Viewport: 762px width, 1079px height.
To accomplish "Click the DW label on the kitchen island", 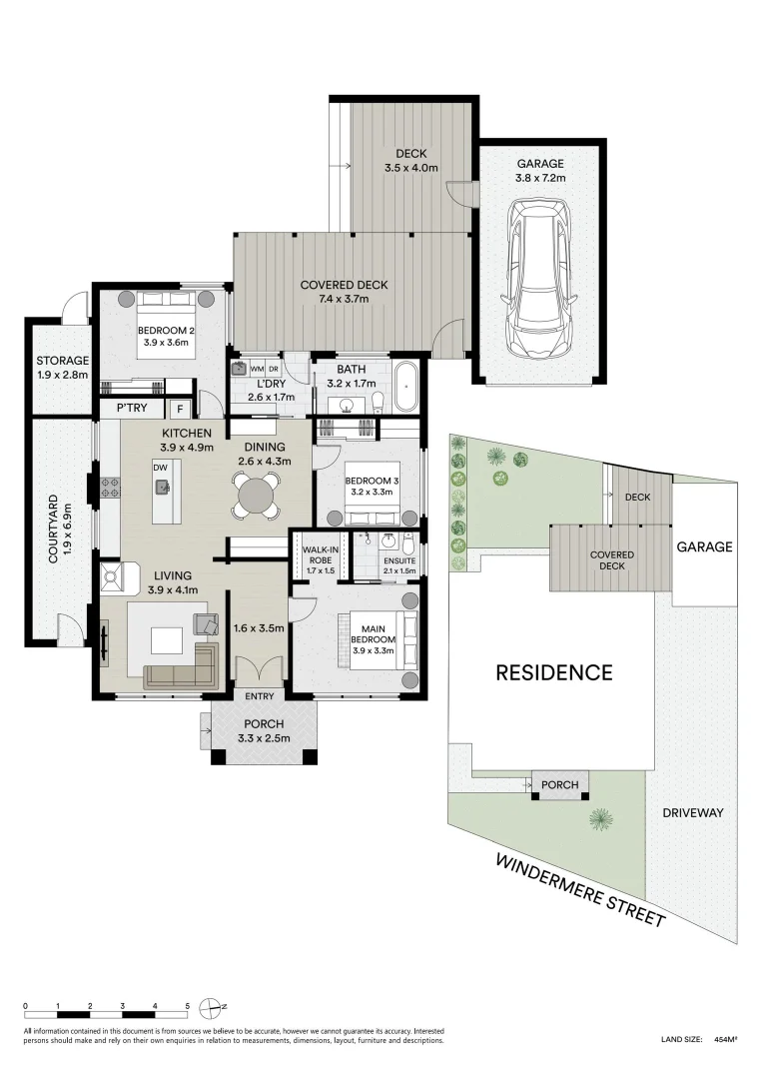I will point(160,467).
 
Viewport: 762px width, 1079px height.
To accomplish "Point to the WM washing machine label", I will point(256,369).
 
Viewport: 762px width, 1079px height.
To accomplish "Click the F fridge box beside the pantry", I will point(180,408).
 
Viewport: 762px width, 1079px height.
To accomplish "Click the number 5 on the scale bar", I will point(187,1006).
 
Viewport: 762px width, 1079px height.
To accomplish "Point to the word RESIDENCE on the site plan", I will point(554,672).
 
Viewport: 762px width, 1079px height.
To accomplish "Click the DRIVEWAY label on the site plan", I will point(692,812).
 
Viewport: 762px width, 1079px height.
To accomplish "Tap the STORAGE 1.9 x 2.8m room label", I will point(63,368).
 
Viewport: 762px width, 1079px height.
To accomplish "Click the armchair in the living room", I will point(207,625).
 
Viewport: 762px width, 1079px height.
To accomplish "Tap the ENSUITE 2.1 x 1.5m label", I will point(398,565).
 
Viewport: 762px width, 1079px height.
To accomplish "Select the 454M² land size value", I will point(725,1040).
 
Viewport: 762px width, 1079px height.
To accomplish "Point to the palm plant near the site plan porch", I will point(599,818).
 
